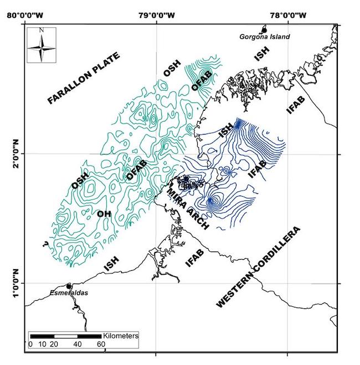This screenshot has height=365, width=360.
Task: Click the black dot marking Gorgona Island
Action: coord(264,30)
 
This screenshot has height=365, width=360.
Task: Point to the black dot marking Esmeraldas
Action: coord(69,286)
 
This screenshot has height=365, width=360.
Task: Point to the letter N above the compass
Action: coord(42,30)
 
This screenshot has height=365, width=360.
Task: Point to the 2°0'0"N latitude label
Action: coord(16,155)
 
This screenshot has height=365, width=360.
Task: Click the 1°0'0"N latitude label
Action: coord(16,283)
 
